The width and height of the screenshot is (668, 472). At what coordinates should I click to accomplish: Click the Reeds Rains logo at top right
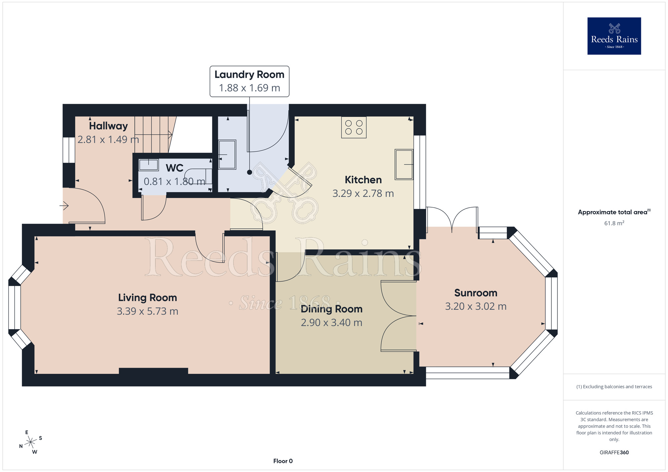(614, 36)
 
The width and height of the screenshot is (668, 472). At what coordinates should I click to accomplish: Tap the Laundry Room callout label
(249, 81)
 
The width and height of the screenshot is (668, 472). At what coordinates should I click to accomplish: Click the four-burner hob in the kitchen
(354, 127)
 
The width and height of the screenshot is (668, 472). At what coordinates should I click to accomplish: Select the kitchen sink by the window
(404, 164)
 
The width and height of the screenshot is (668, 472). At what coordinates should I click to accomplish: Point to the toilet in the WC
(198, 176)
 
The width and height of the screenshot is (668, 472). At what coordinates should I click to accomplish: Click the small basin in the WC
(149, 165)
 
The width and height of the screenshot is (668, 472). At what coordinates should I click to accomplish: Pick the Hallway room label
(108, 126)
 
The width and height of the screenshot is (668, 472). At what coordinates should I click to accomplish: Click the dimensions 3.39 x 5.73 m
(147, 311)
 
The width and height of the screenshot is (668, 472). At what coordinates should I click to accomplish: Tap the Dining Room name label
(331, 309)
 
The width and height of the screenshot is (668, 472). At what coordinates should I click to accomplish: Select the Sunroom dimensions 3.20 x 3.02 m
(476, 306)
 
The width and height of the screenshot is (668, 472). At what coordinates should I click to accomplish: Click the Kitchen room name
(363, 180)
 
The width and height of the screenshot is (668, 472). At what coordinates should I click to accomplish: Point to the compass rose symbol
(30, 442)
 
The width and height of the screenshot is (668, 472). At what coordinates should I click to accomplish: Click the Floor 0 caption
(283, 461)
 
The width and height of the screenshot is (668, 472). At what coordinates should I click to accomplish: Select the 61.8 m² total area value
(614, 223)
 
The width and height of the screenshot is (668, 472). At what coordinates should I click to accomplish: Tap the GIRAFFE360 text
(614, 453)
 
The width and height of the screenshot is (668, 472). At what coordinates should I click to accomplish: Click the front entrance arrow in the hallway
(64, 206)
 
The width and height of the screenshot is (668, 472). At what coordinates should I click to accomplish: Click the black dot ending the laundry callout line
(249, 172)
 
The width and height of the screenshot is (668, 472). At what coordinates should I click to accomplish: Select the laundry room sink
(227, 155)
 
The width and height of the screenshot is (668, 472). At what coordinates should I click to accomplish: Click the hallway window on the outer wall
(69, 150)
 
